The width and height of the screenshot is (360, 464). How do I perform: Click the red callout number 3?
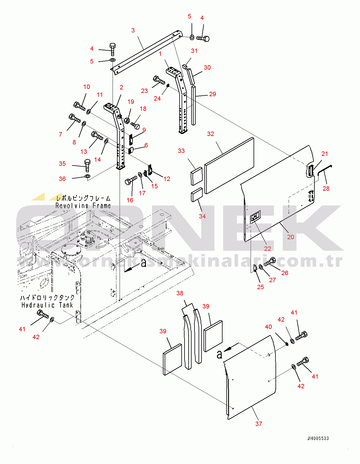133,30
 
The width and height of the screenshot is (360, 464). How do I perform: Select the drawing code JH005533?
318,438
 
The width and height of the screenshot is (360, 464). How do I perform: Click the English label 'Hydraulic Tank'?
47,305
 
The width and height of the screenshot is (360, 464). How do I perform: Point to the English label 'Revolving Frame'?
83,206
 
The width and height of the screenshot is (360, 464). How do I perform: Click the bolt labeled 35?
87,165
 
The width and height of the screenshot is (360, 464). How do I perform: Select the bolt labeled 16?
131,181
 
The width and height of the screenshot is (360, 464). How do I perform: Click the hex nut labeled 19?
127,120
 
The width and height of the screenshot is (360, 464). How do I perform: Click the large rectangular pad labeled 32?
229,165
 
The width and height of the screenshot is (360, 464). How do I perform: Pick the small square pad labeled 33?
197,176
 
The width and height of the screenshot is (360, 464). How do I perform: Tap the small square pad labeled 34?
197,194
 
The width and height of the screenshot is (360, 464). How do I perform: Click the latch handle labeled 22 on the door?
255,217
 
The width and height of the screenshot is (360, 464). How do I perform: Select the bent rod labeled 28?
324,170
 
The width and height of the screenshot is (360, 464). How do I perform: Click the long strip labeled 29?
193,105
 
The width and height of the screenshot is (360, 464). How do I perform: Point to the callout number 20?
290,237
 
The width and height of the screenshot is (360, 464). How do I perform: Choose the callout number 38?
180,293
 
